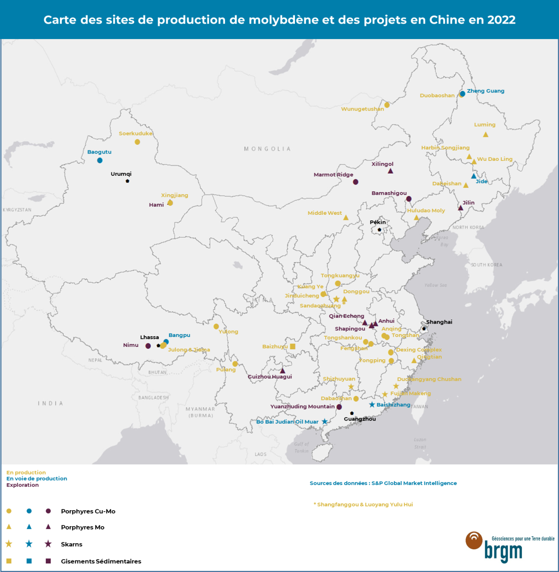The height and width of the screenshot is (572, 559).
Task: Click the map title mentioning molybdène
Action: point(279,20)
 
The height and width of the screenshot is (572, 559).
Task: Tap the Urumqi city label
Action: point(121,174)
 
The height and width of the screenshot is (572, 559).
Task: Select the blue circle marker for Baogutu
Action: point(100,160)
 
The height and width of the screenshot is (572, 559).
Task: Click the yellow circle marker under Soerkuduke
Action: point(137,142)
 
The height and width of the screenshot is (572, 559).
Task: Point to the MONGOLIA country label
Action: point(267,149)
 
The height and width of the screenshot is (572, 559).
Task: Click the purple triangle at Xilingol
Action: point(391,171)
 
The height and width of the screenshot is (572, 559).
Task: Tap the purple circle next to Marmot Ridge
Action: point(355,182)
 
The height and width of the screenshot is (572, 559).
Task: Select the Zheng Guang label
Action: point(485,91)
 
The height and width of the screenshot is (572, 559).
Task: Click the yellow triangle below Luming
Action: point(486,135)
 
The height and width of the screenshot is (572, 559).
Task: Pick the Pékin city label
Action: point(378,222)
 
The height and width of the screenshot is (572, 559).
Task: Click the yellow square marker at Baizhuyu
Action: point(293,346)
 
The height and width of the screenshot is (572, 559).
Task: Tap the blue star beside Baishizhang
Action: point(372,405)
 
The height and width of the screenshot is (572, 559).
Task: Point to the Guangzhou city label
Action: point(360,419)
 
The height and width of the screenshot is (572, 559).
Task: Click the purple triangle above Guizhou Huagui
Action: point(283,370)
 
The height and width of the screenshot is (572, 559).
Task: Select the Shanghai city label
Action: point(439,322)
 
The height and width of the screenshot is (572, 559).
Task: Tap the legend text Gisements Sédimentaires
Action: point(101,561)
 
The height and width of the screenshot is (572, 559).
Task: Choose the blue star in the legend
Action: point(29,544)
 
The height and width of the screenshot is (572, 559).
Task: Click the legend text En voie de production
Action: point(37,479)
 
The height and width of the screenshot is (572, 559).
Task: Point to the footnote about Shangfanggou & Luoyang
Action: point(363,504)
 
